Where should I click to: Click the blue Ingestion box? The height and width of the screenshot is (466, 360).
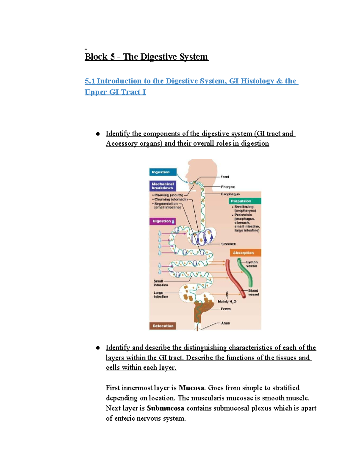(163, 172)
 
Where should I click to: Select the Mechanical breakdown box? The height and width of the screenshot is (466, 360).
(163, 186)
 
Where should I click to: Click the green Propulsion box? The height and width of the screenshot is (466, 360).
(245, 201)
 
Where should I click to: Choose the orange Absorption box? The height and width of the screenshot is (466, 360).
(245, 253)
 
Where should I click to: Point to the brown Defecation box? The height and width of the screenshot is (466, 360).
(163, 326)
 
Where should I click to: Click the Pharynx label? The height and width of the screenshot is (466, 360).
(228, 187)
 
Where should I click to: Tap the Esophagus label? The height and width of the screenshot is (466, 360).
(230, 194)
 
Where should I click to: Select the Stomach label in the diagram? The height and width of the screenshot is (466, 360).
(228, 244)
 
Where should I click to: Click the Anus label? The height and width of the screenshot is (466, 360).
(225, 323)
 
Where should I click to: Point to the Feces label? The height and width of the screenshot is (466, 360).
(226, 309)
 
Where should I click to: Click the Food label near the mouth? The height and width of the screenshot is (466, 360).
(225, 177)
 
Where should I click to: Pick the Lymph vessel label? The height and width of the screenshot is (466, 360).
(252, 264)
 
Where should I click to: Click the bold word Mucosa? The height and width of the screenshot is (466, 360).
(191, 388)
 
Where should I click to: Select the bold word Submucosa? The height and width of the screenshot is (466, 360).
(165, 408)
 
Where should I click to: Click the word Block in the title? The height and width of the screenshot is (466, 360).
(96, 57)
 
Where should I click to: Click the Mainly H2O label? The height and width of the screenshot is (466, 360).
(227, 302)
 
